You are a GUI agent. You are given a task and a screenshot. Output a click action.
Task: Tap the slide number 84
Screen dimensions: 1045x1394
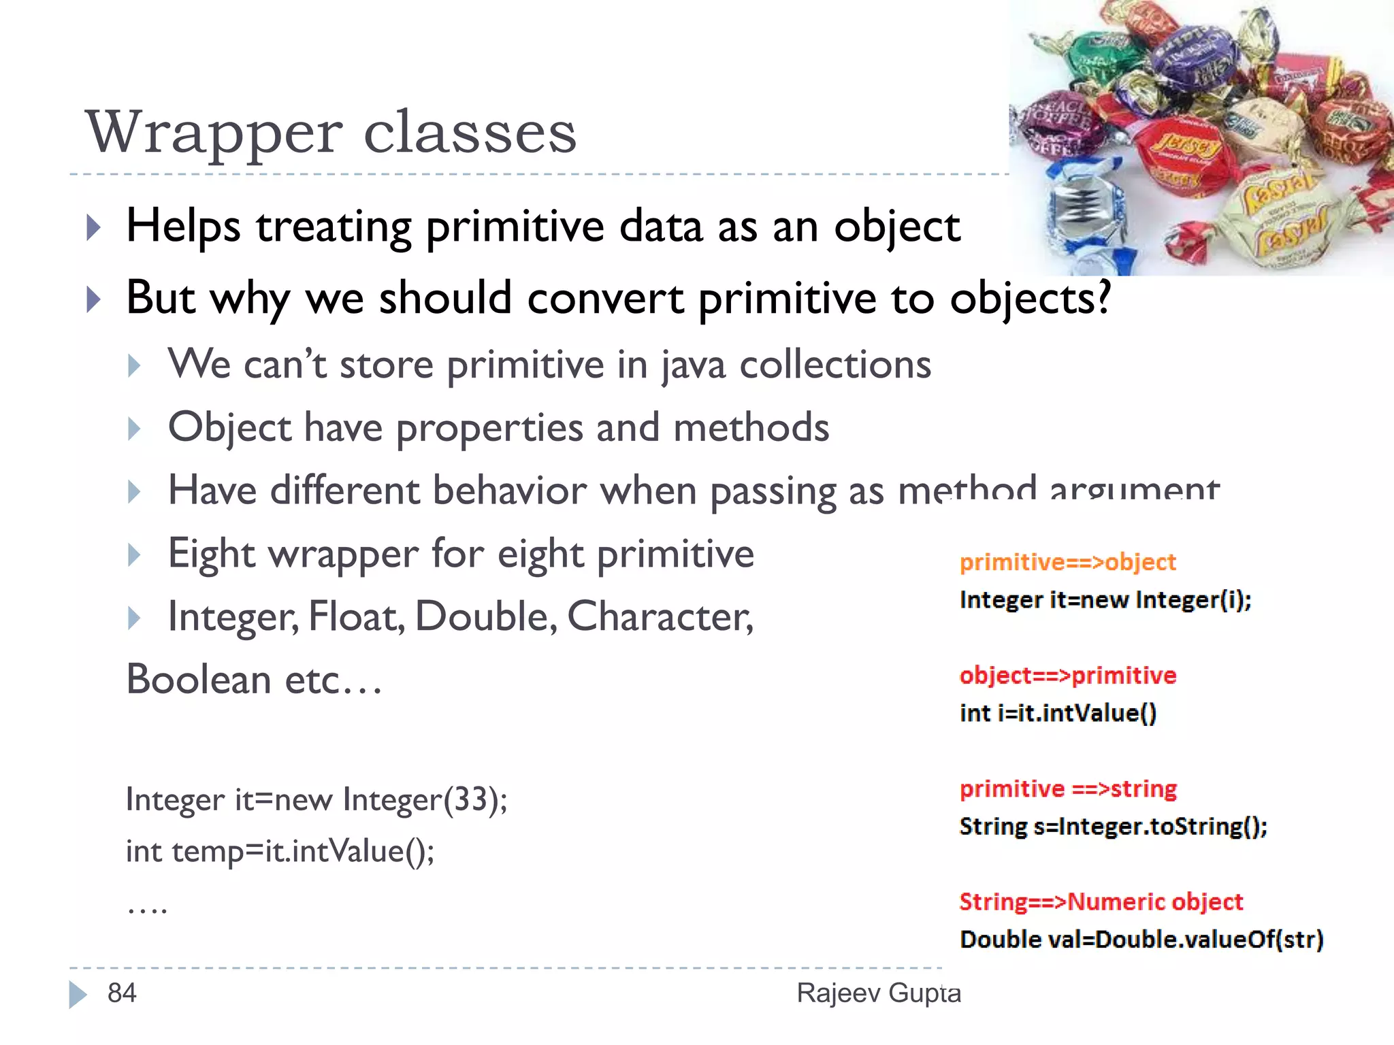122,993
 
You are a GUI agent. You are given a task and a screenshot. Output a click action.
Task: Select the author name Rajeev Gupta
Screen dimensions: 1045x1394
878,993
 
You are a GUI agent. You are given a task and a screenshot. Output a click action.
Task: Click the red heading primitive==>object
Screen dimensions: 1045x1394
1067,563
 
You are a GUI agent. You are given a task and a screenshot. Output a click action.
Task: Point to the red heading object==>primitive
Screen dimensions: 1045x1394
1067,676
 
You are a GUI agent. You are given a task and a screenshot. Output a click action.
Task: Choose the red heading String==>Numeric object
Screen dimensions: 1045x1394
1101,902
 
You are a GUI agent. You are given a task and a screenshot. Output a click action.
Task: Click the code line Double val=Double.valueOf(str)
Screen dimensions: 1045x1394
1141,940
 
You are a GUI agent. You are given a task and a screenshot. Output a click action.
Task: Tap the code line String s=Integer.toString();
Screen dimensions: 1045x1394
1113,827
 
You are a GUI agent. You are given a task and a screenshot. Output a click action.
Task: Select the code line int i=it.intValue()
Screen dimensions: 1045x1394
1058,713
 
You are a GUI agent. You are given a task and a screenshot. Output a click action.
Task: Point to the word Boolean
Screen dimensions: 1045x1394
199,680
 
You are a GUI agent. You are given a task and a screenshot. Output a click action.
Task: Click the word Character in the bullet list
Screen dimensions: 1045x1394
659,617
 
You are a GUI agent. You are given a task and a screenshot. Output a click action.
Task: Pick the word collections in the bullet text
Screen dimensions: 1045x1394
835,365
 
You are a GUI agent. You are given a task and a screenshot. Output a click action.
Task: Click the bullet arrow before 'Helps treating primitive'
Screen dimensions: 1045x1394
94,227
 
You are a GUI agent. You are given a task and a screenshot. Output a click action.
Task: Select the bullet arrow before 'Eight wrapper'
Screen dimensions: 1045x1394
134,554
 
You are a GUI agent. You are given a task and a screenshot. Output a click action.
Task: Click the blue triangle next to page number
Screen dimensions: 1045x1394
78,994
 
